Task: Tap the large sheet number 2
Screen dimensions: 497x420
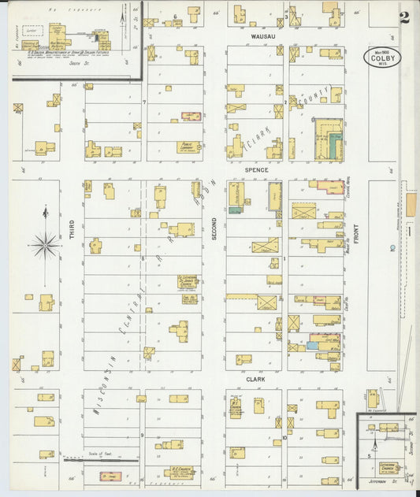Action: [x=404, y=17]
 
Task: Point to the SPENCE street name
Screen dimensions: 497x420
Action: [x=256, y=170]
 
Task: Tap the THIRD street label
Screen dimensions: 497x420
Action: [x=72, y=229]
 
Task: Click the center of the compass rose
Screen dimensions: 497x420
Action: [x=46, y=246]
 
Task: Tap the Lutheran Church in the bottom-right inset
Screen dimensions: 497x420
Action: [x=388, y=467]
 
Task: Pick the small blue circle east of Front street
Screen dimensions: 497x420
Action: [x=392, y=248]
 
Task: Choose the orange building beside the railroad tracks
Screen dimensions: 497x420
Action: [x=411, y=204]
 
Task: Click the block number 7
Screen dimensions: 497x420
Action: [x=143, y=102]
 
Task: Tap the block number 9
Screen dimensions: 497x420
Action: [x=143, y=435]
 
